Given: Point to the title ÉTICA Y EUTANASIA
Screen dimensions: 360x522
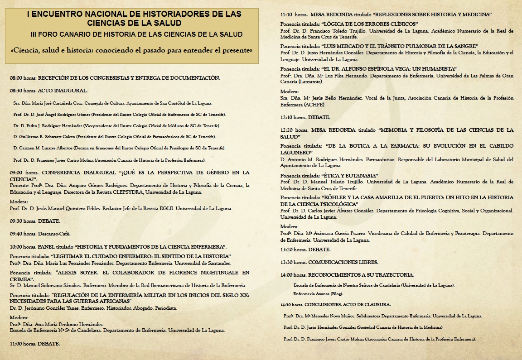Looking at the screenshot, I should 352,175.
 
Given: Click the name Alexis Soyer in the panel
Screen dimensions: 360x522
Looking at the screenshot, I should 74,273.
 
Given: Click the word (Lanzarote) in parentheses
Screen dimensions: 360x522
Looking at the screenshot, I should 310,82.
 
